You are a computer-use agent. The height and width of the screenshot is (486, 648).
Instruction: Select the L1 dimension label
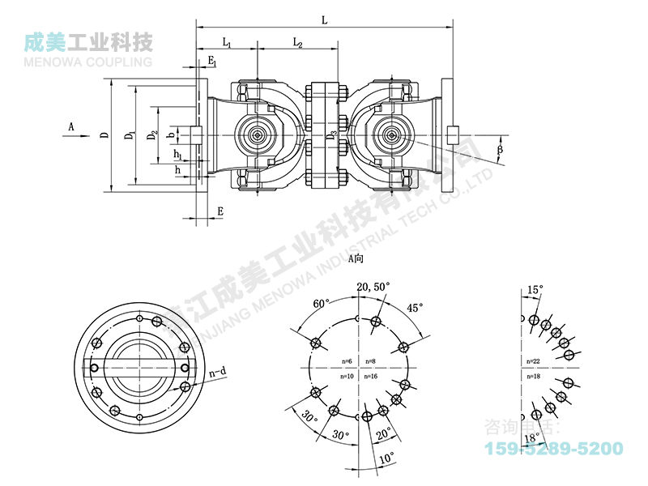[227, 41]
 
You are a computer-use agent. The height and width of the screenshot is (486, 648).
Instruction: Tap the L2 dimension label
[297, 41]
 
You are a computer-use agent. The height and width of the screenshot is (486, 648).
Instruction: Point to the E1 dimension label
[211, 62]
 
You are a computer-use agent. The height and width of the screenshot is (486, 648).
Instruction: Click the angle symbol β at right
[500, 150]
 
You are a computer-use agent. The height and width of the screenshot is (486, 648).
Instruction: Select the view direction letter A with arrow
[71, 127]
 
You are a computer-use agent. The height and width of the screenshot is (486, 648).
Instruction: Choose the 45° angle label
[416, 308]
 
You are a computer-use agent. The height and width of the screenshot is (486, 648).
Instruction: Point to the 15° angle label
[535, 289]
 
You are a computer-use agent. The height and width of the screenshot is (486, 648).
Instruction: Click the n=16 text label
[372, 377]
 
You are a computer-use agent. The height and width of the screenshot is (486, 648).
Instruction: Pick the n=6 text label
[346, 360]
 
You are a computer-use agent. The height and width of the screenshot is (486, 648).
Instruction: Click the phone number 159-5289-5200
[553, 448]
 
